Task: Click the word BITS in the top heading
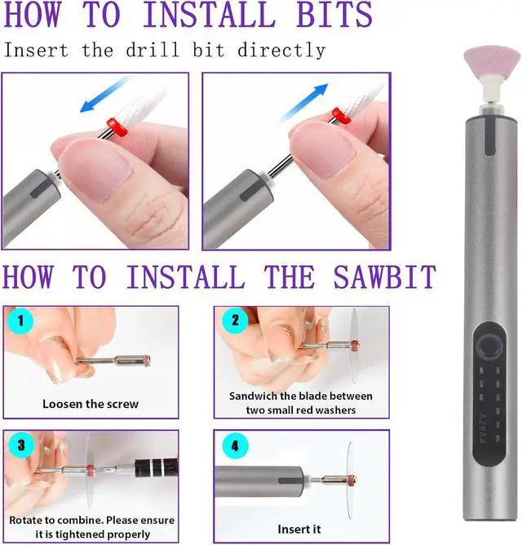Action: tap(334, 14)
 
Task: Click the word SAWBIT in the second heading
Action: tap(385, 277)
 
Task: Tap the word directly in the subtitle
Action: tap(281, 50)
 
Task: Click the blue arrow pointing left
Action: tap(104, 95)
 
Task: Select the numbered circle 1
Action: tap(20, 321)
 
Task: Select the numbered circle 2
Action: tap(235, 320)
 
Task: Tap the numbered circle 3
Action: tap(21, 445)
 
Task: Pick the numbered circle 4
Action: tap(235, 445)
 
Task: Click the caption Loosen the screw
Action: tap(91, 404)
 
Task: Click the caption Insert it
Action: tap(299, 529)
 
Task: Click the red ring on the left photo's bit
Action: tap(117, 126)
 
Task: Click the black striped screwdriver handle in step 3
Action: tap(157, 467)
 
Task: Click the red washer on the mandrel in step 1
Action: tap(147, 361)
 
